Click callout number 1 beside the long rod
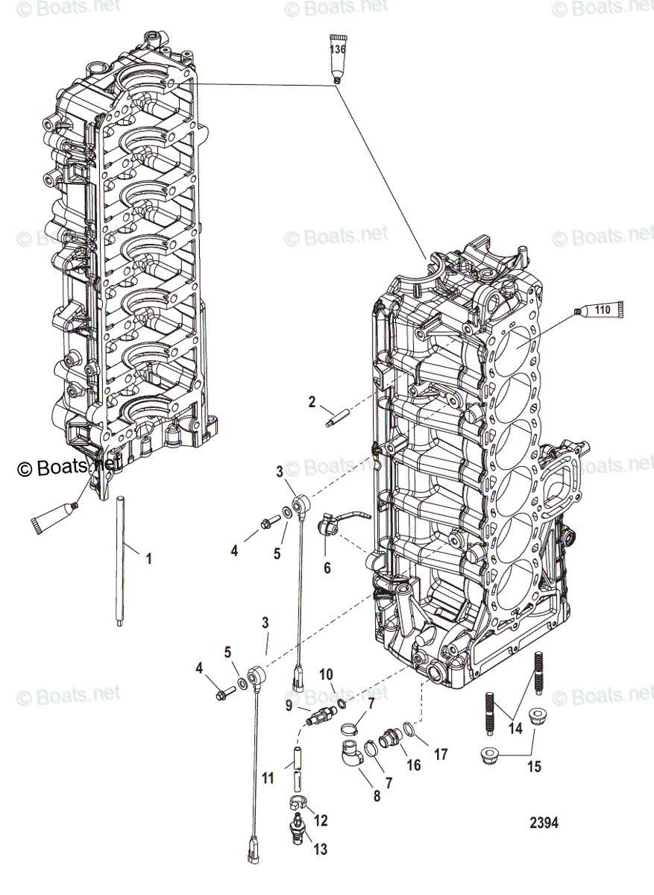(148, 558)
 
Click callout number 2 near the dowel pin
(312, 403)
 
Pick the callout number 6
(327, 568)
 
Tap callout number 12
(320, 820)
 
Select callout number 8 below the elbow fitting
(377, 796)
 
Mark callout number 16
(414, 765)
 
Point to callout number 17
(441, 754)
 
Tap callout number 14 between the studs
(515, 729)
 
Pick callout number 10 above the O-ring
(327, 675)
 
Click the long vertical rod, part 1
(119, 559)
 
